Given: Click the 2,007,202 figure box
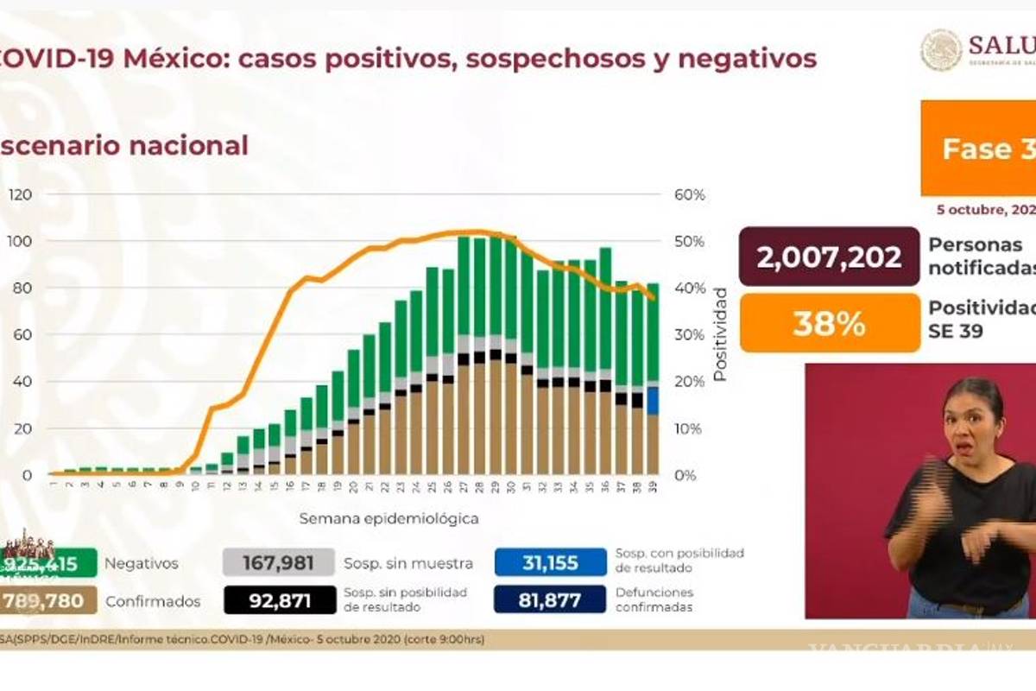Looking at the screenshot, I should pyautogui.click(x=829, y=257).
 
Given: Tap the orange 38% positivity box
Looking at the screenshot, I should pyautogui.click(x=829, y=323).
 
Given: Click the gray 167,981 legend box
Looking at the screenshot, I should pyautogui.click(x=278, y=563).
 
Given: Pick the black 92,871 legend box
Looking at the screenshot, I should pyautogui.click(x=278, y=599).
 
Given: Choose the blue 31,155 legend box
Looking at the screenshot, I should pyautogui.click(x=550, y=563).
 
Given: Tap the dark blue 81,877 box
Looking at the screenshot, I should pyautogui.click(x=550, y=599).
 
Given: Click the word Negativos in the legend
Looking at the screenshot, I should pyautogui.click(x=141, y=564).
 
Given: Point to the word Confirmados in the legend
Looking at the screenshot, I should pyautogui.click(x=152, y=601).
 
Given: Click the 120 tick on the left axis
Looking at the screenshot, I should pyautogui.click(x=20, y=194).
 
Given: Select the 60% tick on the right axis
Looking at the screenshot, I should pyautogui.click(x=689, y=194).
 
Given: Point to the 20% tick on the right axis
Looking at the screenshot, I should pyautogui.click(x=689, y=382).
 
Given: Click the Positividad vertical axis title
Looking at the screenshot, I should pyautogui.click(x=719, y=335).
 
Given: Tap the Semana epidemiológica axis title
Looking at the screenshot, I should pyautogui.click(x=388, y=519).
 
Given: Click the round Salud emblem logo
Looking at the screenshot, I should pyautogui.click(x=940, y=50).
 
